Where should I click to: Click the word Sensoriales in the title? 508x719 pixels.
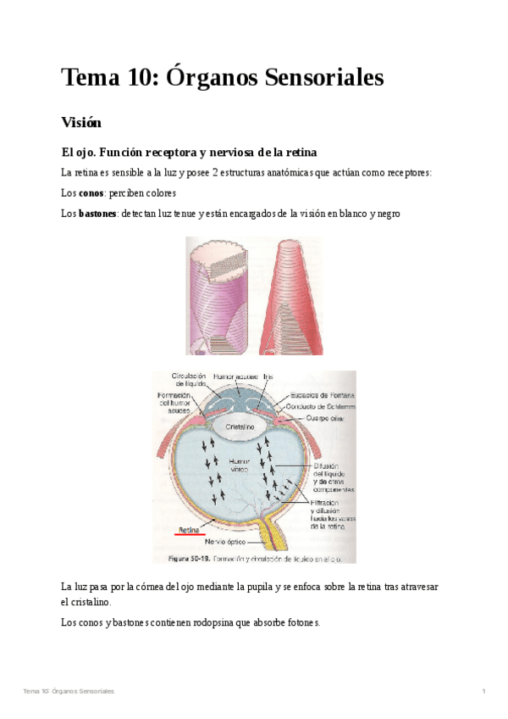coord(317,78)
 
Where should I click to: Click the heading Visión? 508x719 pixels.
coord(81,123)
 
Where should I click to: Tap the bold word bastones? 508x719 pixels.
coord(97,214)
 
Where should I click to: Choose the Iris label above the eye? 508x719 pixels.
coord(268,376)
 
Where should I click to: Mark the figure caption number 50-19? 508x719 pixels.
coord(204,558)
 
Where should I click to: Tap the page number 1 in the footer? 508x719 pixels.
coord(483,692)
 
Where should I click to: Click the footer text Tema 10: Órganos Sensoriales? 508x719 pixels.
coord(69,692)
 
